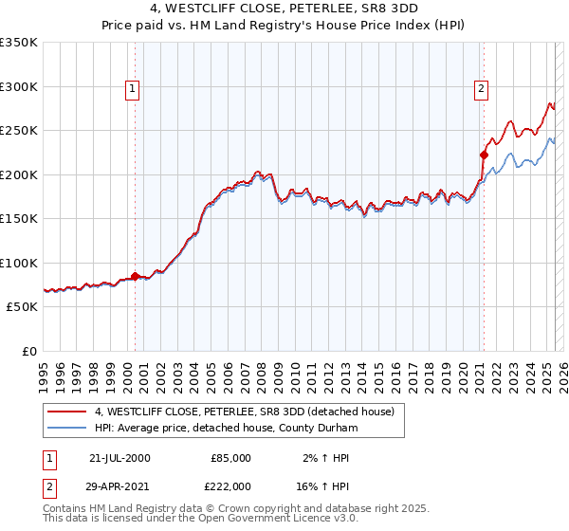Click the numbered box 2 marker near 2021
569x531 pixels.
tap(482, 89)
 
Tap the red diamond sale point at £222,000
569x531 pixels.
tap(483, 156)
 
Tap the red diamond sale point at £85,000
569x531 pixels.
tap(135, 276)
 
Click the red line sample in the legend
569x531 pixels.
tap(67, 412)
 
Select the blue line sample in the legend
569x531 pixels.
tap(67, 428)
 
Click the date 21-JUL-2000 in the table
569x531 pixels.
tap(119, 458)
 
